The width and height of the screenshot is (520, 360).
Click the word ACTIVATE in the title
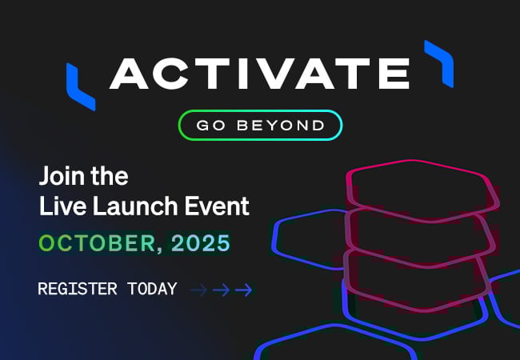(259, 74)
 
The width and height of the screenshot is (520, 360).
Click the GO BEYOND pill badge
(260, 125)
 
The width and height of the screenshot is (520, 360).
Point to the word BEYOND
(281, 126)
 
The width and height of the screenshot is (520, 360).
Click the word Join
(62, 176)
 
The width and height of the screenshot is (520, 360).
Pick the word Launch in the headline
(135, 206)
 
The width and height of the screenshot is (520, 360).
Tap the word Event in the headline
(217, 206)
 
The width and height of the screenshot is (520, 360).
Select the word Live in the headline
(62, 206)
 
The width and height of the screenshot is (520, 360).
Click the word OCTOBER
(97, 243)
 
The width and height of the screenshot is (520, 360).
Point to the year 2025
(201, 243)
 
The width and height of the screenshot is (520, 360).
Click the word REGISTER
(78, 289)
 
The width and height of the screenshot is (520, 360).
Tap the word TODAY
(152, 289)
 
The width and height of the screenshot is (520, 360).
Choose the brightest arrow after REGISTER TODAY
(243, 290)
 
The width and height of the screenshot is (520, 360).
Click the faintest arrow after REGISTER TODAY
(198, 290)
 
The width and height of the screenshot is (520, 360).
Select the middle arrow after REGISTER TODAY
(221, 290)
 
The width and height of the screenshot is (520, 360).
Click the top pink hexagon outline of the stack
(414, 161)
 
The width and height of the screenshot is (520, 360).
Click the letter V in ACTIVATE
(272, 74)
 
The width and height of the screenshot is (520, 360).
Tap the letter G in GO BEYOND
(202, 126)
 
